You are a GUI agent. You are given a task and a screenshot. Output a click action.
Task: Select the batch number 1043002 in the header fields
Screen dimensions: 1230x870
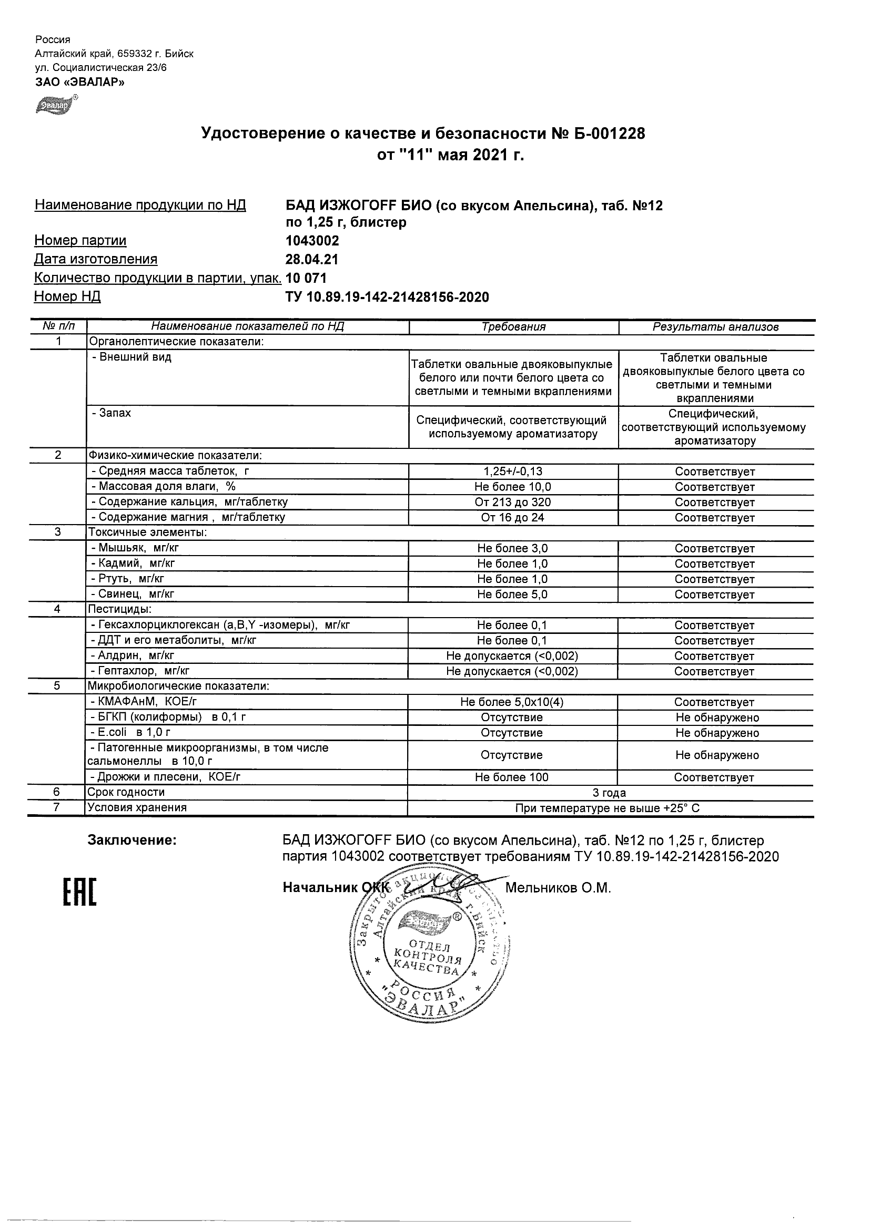[x=312, y=241]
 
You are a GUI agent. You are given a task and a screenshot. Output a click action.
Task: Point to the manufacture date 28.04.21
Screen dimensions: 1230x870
[x=312, y=259]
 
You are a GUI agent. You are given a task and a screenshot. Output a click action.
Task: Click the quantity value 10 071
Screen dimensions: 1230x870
[x=306, y=278]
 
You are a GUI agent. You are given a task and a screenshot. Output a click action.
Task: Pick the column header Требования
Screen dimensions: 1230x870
[x=513, y=327]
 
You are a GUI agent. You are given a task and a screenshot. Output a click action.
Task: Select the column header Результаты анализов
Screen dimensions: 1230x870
[x=715, y=327]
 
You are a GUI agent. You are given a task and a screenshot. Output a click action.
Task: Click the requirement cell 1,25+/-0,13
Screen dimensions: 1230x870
[x=513, y=471]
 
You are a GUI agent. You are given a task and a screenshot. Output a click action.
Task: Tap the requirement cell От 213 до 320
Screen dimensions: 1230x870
[x=513, y=502]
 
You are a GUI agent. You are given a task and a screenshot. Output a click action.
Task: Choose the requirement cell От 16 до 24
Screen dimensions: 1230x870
[x=513, y=518]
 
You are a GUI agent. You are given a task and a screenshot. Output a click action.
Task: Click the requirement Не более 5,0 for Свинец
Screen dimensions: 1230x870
[x=512, y=594]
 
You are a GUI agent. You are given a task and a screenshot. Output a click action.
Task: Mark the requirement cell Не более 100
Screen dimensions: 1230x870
[x=511, y=777]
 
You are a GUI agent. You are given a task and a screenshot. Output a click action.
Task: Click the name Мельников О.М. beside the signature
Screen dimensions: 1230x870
[x=558, y=888]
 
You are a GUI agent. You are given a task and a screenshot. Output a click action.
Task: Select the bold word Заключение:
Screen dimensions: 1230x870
[x=132, y=840]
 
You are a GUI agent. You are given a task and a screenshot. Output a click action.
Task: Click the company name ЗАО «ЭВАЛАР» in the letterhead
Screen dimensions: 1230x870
[x=79, y=82]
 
